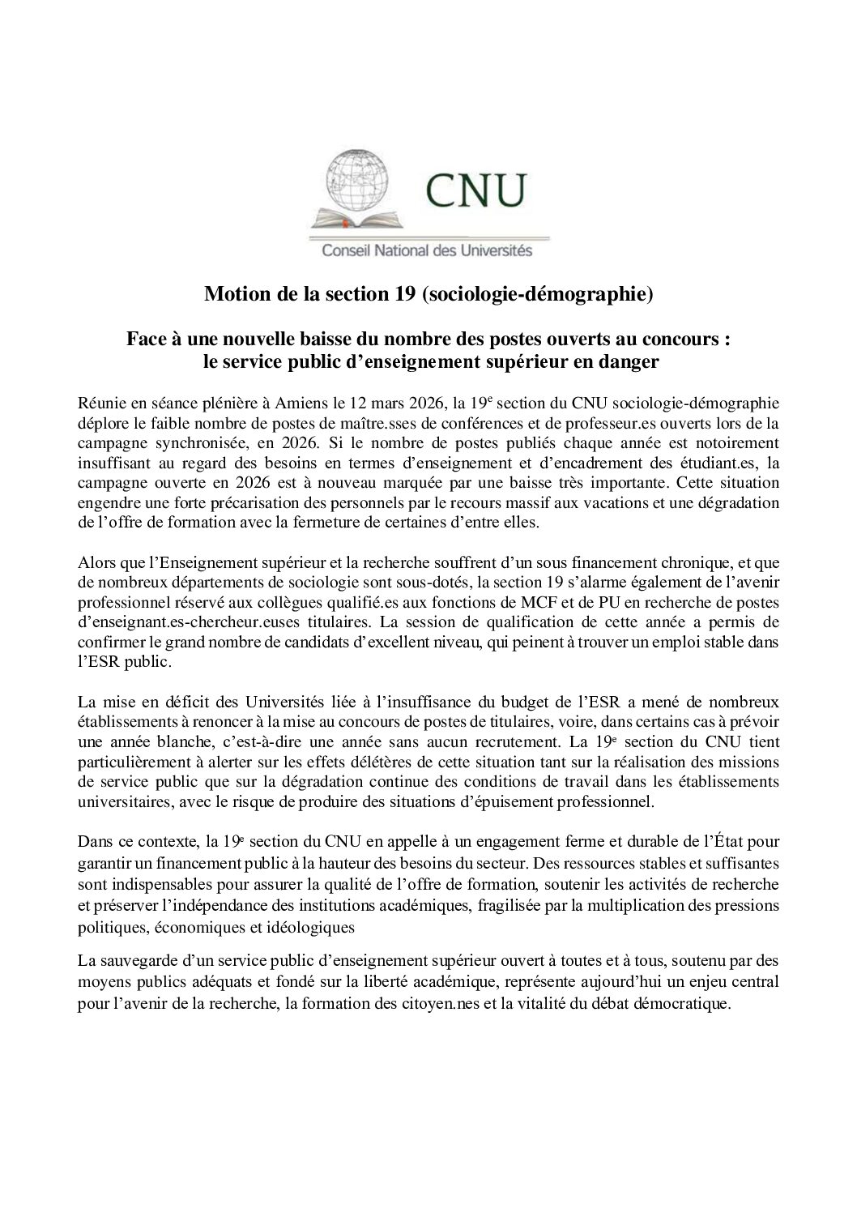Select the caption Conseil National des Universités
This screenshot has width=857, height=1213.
click(428, 250)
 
